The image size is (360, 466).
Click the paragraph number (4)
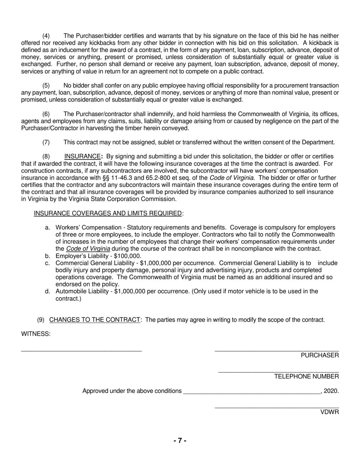tap(46, 36)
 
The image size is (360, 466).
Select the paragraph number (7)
tap(46, 142)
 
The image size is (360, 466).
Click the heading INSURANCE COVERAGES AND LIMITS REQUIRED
tap(108, 213)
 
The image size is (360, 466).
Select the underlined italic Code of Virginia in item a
tap(88, 249)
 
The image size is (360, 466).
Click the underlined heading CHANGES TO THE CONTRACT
tap(95, 320)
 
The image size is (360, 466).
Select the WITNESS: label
tap(36, 334)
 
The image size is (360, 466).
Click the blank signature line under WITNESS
tap(81, 351)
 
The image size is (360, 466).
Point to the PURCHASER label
tap(320, 355)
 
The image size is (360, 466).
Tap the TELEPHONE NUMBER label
tap(307, 377)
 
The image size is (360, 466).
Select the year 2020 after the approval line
tap(331, 391)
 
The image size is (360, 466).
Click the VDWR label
tap(330, 412)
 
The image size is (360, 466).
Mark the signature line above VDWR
tap(277, 408)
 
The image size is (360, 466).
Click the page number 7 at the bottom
tap(180, 441)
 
